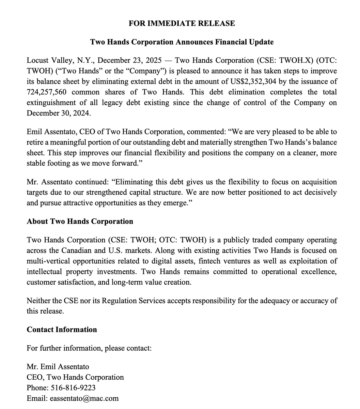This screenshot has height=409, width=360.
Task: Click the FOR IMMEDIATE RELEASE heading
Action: point(182,24)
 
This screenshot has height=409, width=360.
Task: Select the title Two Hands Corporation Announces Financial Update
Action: point(182,42)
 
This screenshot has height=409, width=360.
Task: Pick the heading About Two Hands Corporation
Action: point(80,222)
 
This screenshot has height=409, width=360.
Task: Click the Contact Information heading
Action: point(62,330)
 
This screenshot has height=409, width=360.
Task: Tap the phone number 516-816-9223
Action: point(73,388)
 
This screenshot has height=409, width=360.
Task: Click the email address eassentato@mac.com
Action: point(84,398)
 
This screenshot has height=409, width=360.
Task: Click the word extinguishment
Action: point(51,103)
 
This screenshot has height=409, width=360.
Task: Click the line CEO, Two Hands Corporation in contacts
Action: point(75,377)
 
